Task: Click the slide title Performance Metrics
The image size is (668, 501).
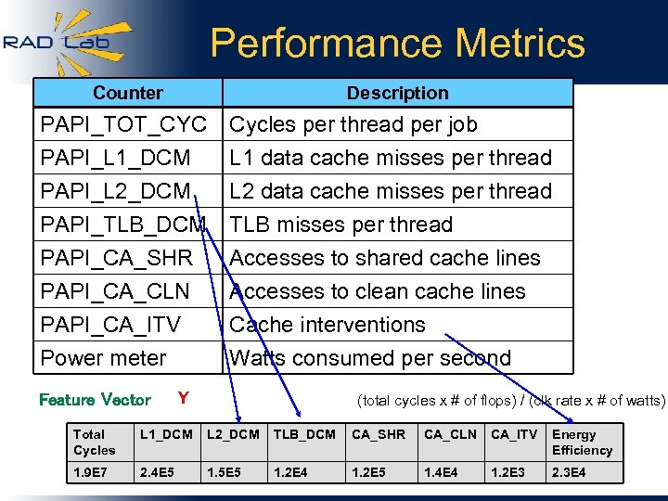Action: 397,44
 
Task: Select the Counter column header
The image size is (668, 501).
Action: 128,93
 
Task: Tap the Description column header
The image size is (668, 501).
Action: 397,93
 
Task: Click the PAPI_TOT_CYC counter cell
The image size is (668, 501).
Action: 123,124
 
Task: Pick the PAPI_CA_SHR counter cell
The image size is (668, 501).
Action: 117,258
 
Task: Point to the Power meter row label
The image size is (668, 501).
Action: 103,358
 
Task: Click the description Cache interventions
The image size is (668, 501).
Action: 328,325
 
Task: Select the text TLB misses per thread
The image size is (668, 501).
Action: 340,225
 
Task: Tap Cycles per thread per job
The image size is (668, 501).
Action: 353,124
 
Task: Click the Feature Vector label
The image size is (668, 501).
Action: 95,400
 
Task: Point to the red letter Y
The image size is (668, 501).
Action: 183,399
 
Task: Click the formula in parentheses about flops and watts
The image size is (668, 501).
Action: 511,401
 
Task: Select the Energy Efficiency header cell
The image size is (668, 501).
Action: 582,443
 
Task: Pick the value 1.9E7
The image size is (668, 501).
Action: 92,473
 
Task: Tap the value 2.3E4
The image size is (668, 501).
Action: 569,473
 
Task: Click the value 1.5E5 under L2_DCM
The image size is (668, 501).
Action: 224,473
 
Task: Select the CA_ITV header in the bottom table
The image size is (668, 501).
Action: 514,434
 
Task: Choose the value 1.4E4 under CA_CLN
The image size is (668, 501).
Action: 443,473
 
